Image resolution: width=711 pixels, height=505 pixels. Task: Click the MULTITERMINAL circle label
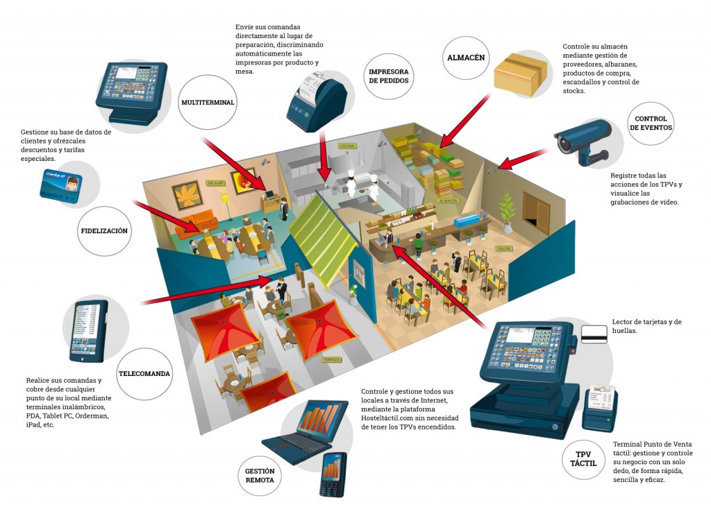coord(208,103)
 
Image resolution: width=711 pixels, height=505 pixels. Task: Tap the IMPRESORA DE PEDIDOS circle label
coord(388,76)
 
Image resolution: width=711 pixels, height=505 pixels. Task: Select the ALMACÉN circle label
coord(465,58)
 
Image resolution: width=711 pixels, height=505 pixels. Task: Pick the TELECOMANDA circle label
coord(144,373)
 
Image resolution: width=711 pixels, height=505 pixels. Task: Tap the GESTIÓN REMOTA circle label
coord(259,475)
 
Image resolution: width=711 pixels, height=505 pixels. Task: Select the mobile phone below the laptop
coord(333,474)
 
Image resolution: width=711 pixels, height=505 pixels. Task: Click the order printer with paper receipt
coord(317,103)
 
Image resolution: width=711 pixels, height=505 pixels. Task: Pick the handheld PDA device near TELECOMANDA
coord(89,331)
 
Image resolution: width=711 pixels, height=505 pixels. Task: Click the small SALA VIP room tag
coord(214,182)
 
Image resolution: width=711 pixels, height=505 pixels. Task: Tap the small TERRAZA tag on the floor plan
coord(331,360)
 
